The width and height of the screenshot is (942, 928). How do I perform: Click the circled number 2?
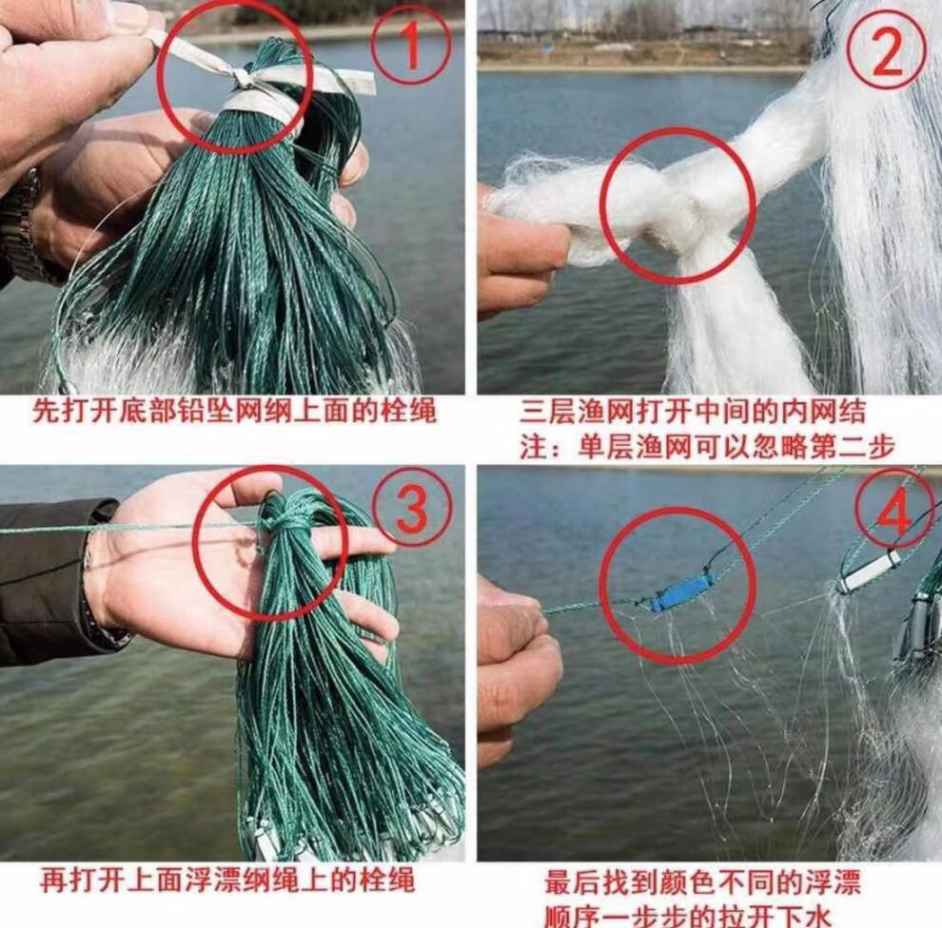coord(886,51)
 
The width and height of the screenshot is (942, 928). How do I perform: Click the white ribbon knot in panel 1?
coord(242,78)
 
